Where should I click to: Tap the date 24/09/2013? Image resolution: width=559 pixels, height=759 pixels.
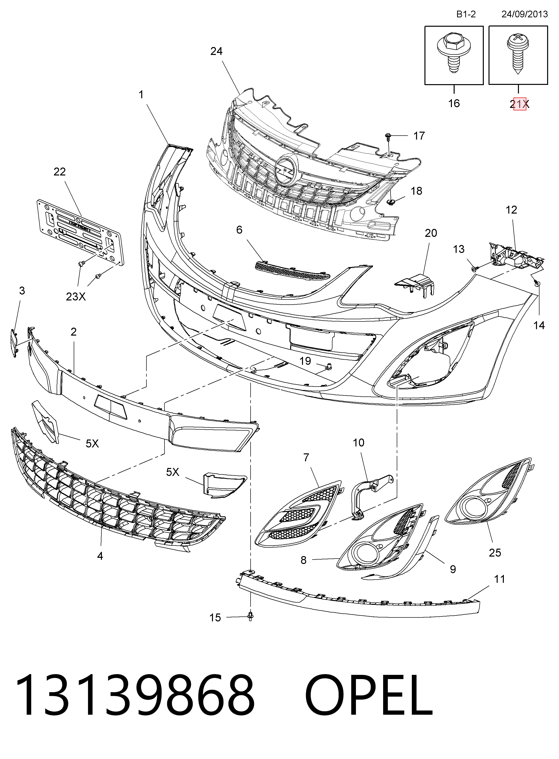tap(524, 14)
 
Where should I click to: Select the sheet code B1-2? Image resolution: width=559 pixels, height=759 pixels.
tap(466, 14)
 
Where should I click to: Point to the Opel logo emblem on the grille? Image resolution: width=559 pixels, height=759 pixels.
tap(286, 169)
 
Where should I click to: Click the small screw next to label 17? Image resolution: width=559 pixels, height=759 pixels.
tap(388, 137)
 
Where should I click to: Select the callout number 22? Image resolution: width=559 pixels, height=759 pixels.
tap(60, 172)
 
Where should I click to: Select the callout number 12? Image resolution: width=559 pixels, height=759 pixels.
tap(511, 210)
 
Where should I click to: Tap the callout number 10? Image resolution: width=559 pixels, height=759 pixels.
tap(358, 443)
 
